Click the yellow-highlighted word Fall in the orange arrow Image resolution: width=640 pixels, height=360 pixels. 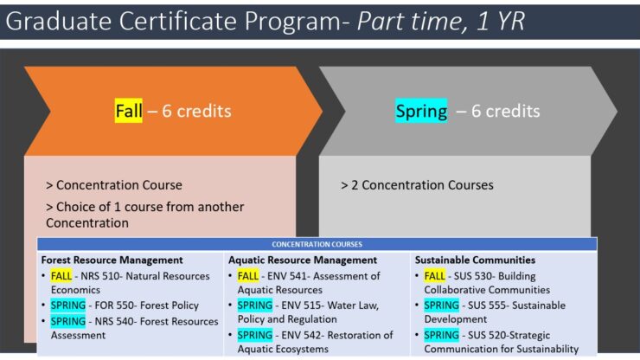click(x=128, y=111)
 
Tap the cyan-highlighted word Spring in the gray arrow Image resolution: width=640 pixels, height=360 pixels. click(x=421, y=111)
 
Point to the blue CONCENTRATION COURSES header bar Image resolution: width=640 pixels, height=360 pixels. click(x=317, y=244)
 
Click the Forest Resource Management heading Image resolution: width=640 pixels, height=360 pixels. click(x=112, y=260)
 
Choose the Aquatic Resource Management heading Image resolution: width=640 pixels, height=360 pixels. click(x=303, y=260)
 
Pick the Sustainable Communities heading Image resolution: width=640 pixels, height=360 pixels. click(x=475, y=260)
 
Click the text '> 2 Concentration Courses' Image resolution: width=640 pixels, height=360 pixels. click(x=417, y=185)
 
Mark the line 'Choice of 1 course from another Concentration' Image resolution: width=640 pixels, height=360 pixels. click(x=144, y=215)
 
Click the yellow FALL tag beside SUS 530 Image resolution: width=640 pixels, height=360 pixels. click(x=435, y=276)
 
